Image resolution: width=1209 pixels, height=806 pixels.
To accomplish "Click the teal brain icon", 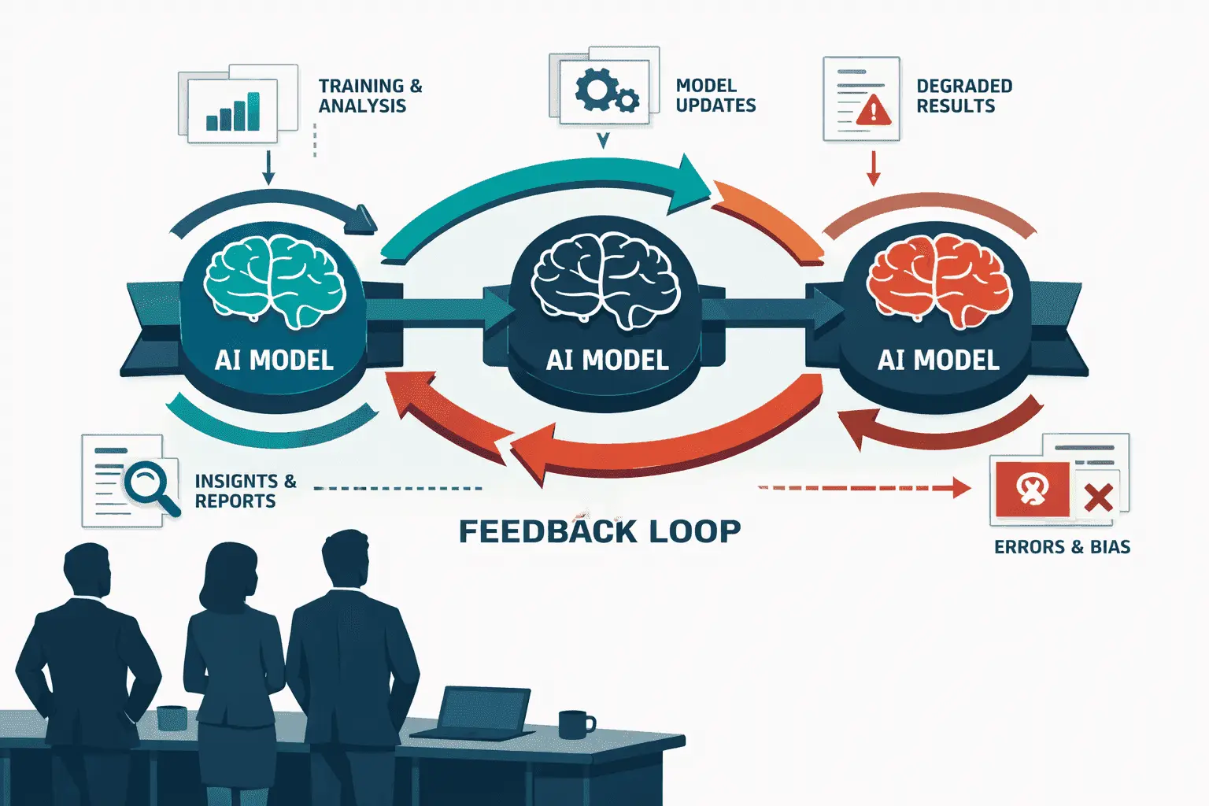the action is coord(274,281).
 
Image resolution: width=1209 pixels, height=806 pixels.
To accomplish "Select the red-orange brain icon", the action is coord(939,281).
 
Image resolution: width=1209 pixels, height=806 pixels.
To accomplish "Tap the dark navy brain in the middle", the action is coord(605,281).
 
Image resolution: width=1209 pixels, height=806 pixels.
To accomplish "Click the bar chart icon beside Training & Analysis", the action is coord(233,112).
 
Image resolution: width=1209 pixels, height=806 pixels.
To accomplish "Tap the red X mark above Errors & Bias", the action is coord(1098,497).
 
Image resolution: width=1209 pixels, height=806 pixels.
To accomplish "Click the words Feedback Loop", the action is coord(600,531).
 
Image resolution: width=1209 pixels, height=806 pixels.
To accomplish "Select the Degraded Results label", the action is coord(964,95).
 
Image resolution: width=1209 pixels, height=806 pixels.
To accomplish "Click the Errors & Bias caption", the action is coord(1062,547).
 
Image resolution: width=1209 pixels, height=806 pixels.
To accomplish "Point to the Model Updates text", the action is coord(715,95).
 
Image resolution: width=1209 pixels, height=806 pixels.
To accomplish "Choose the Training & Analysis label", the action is coord(370,95).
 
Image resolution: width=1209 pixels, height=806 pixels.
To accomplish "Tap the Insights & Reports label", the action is coord(246,490).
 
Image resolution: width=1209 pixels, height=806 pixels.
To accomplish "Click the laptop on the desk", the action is coord(475,712).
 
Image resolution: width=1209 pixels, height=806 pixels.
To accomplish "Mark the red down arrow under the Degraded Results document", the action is coord(873,168).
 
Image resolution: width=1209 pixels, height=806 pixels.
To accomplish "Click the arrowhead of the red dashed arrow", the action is coord(962,487).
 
